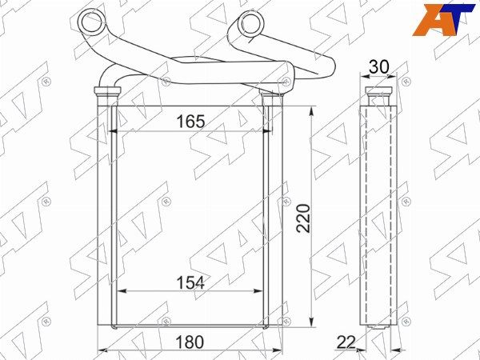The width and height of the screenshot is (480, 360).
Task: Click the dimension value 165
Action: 190,122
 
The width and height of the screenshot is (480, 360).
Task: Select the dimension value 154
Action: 190,282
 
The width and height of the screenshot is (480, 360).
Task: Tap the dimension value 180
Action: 190,342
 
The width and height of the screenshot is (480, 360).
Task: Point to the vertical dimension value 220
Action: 304,218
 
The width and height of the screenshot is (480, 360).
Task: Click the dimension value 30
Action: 378,66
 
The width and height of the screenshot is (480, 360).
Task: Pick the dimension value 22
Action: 346,342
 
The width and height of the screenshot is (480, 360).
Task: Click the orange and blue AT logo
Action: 443,19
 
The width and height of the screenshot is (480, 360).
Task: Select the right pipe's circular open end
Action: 252,22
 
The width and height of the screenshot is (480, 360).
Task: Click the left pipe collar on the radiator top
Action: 107,90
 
